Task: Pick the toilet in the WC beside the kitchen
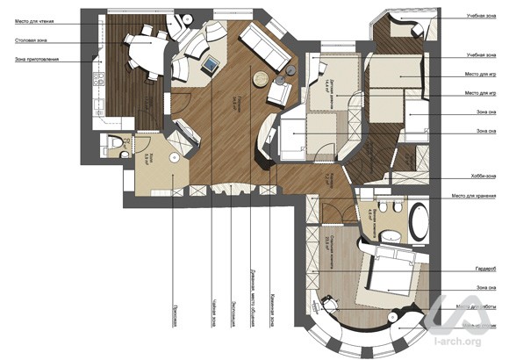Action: click(115, 144)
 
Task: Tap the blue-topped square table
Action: click(211, 65)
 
